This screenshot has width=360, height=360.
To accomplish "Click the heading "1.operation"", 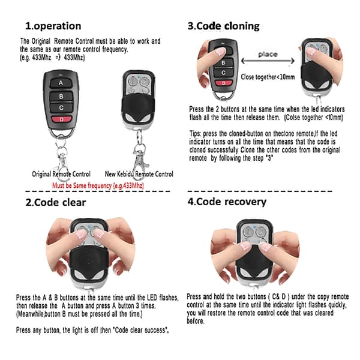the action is click(53, 26).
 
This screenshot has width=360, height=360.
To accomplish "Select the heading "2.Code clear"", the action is click(56, 203).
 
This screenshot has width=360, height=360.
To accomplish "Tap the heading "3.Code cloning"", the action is click(223, 26).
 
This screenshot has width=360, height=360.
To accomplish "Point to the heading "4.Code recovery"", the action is click(227, 202).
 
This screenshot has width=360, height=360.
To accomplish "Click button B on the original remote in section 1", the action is click(61, 97).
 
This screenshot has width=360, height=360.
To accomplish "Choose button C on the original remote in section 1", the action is click(61, 107).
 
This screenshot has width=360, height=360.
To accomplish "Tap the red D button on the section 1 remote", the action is click(61, 119).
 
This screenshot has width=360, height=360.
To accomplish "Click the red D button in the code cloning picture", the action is click(224, 83).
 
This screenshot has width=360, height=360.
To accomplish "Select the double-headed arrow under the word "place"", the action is click(268, 61).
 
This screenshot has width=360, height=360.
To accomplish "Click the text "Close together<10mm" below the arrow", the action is click(268, 77).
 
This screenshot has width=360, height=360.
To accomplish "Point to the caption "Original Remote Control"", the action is click(61, 174).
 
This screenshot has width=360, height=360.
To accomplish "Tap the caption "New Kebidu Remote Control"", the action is click(139, 174).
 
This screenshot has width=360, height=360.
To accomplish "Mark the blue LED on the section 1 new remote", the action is click(139, 77).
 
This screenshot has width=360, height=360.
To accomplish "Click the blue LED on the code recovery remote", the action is click(254, 227).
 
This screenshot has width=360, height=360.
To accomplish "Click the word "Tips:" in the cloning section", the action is click(195, 134).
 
